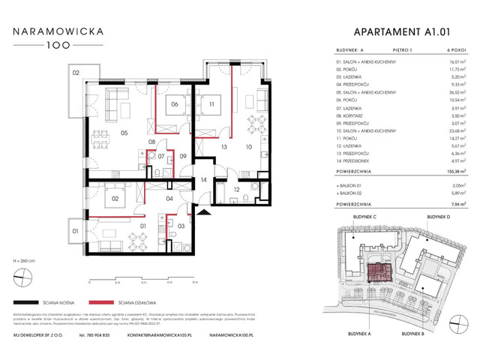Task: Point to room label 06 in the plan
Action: click(x=173, y=105)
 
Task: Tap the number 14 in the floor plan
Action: click(x=202, y=180)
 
